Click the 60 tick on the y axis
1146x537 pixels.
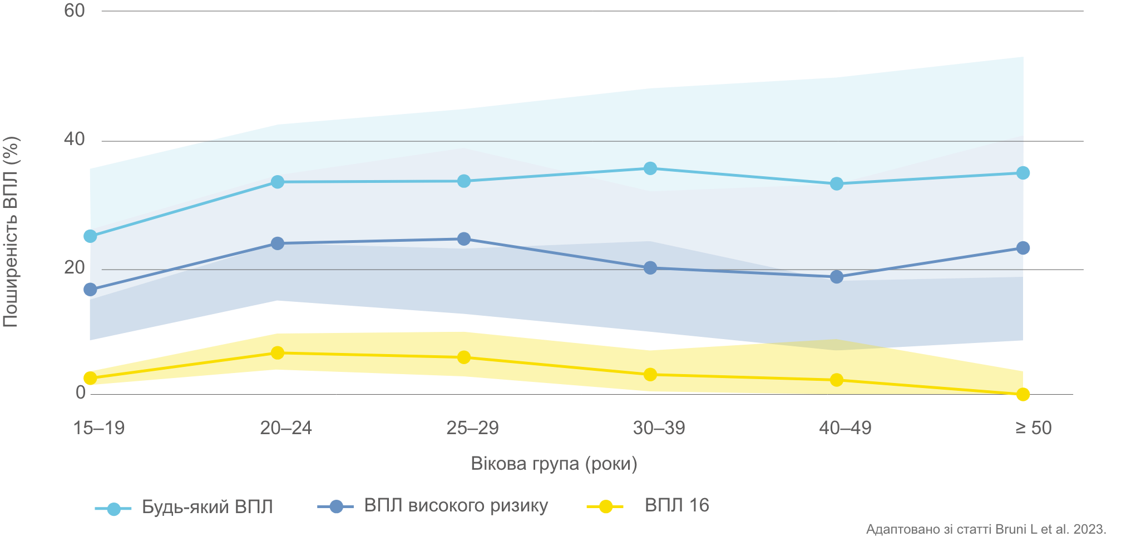point(75,11)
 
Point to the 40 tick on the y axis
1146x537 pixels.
point(75,139)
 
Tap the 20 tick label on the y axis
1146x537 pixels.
point(75,268)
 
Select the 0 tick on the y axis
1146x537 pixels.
point(81,392)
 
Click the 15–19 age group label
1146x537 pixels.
point(99,428)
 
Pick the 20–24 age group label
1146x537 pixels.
point(286,428)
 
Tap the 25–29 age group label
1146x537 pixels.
point(472,428)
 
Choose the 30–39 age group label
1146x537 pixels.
point(659,428)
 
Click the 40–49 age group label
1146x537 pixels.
point(845,428)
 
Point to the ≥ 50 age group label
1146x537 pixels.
point(1034,428)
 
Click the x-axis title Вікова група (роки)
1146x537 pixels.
point(554,464)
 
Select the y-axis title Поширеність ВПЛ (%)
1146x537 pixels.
point(11,232)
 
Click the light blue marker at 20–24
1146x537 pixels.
point(278,182)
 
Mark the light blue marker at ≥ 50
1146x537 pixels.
point(1023,173)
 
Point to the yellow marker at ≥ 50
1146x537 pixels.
point(1023,394)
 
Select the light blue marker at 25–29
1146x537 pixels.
point(464,181)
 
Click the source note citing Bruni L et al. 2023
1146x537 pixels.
point(986,529)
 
